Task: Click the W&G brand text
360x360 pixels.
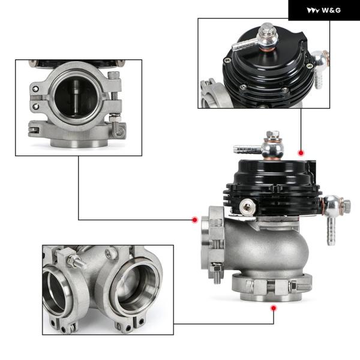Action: pyautogui.click(x=331, y=10)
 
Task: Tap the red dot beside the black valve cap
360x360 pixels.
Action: pyautogui.click(x=301, y=152)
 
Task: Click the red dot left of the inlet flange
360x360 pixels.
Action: pyautogui.click(x=195, y=220)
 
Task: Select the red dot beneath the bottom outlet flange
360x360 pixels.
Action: pyautogui.click(x=273, y=308)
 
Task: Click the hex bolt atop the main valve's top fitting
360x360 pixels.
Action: pyautogui.click(x=273, y=134)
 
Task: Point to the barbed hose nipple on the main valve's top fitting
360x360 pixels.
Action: pyautogui.click(x=247, y=149)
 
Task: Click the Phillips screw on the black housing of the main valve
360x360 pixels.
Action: pyautogui.click(x=247, y=207)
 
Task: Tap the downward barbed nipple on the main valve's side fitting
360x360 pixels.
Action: pyautogui.click(x=331, y=230)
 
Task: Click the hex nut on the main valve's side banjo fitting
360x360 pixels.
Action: pyautogui.click(x=346, y=206)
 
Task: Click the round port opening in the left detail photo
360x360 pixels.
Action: pyautogui.click(x=76, y=96)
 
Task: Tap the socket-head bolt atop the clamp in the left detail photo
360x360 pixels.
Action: pyautogui.click(x=113, y=75)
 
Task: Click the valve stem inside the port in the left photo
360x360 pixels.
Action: pyautogui.click(x=76, y=97)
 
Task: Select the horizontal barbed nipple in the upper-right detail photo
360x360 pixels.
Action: pyautogui.click(x=244, y=44)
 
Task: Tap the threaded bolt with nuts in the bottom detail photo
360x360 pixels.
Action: pyautogui.click(x=76, y=261)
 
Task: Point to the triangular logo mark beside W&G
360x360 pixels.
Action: pyautogui.click(x=313, y=10)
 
